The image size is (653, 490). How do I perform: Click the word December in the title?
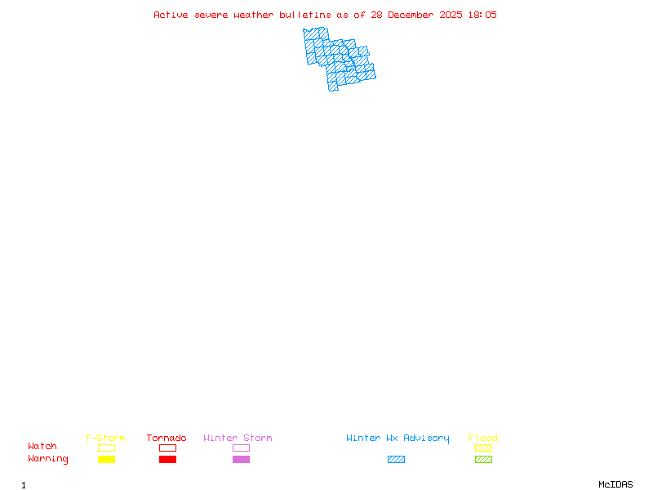click(411, 15)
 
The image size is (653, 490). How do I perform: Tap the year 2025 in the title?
click(451, 15)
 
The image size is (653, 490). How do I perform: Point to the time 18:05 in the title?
click(482, 15)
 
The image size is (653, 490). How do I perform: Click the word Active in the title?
click(171, 15)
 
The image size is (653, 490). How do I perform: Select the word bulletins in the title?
click(305, 15)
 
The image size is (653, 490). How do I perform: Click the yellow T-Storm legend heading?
click(105, 438)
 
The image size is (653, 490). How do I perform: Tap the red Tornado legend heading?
click(167, 438)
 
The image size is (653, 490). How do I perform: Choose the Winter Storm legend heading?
click(238, 438)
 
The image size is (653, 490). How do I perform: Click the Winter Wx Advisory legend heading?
click(398, 439)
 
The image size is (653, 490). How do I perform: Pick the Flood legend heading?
click(483, 438)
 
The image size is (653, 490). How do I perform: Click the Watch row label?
click(42, 446)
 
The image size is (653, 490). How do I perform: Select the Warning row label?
click(48, 459)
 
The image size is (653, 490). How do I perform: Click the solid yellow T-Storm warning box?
click(107, 459)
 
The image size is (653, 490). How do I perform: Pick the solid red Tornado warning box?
click(168, 459)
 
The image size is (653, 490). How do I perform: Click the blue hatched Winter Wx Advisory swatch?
click(396, 459)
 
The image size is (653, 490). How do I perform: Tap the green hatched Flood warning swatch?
click(483, 459)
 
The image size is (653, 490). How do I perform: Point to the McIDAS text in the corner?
click(615, 484)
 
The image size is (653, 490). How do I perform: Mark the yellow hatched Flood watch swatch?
click(483, 448)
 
